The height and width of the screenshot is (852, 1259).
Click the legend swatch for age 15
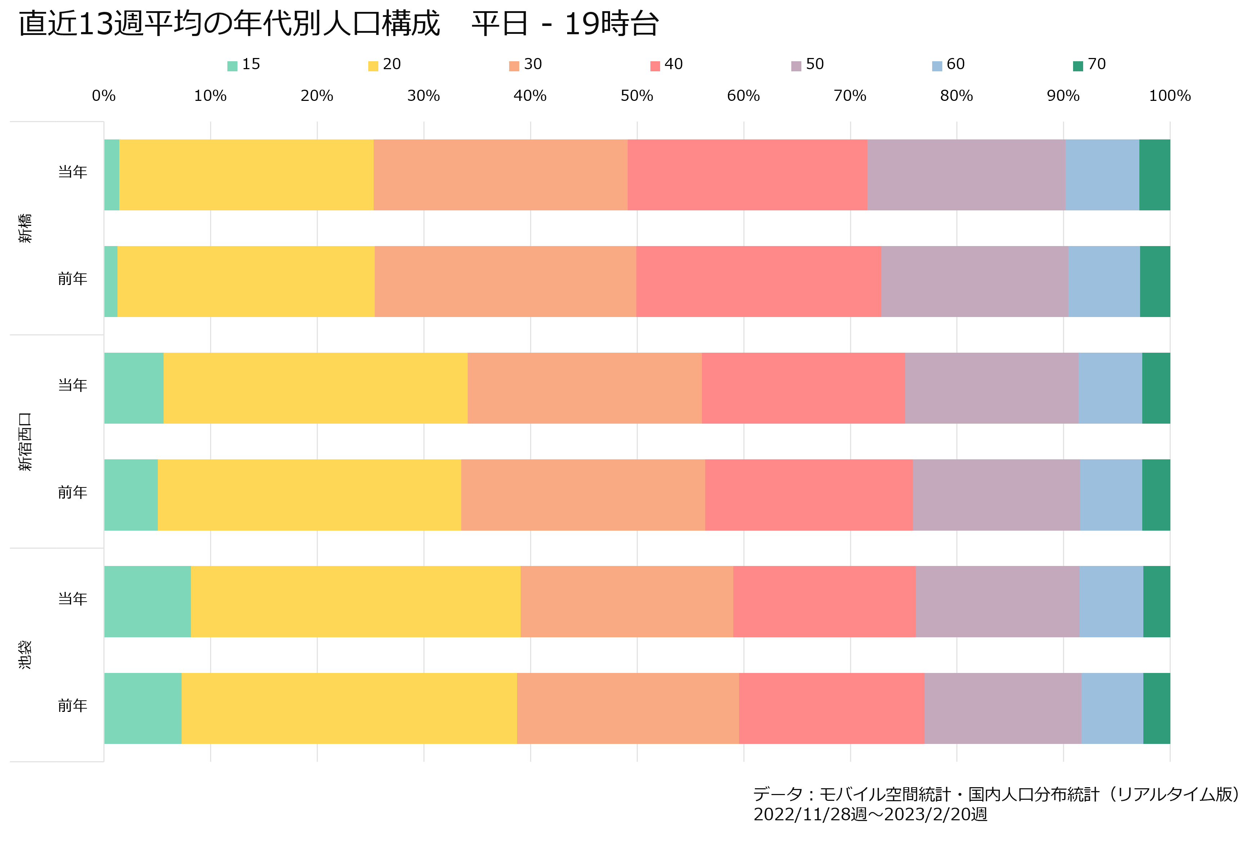(x=232, y=66)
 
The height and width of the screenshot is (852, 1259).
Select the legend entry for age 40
(x=666, y=64)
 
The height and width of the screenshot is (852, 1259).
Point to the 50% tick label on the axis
(x=637, y=96)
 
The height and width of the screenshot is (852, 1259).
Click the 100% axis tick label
(x=1170, y=96)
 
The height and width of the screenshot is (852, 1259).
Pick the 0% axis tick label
(x=103, y=96)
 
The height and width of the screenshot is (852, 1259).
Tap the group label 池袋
(x=26, y=655)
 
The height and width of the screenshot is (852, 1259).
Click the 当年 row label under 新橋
(x=72, y=172)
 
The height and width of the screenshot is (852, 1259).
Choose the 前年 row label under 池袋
(x=72, y=706)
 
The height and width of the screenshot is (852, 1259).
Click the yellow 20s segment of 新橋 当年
(x=246, y=175)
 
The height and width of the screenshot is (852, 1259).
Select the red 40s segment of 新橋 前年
(x=758, y=282)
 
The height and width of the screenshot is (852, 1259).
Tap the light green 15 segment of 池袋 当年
(x=147, y=602)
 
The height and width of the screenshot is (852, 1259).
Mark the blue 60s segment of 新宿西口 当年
(x=1110, y=388)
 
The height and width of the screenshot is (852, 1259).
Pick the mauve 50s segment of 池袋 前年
(x=1003, y=709)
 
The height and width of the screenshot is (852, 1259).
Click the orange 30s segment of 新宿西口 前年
(x=583, y=495)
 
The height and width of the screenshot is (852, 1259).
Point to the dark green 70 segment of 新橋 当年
(x=1155, y=175)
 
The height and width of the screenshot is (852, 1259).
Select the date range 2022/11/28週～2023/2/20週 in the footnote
(x=870, y=815)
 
